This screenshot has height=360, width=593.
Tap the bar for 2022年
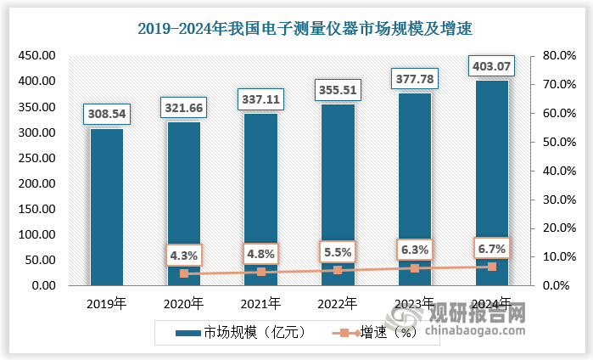coord(338,194)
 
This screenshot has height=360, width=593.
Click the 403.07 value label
coord(491,65)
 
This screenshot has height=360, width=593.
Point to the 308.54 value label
coord(107,113)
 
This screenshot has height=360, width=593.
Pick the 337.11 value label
coord(260,98)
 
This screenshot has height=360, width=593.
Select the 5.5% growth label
coord(338,251)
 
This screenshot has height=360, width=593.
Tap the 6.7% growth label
coord(491,248)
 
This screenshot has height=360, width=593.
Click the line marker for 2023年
coord(415,268)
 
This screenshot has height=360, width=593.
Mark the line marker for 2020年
coord(184,273)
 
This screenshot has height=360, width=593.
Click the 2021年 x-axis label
coord(260,303)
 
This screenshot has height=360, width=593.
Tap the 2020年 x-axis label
coord(184,303)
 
